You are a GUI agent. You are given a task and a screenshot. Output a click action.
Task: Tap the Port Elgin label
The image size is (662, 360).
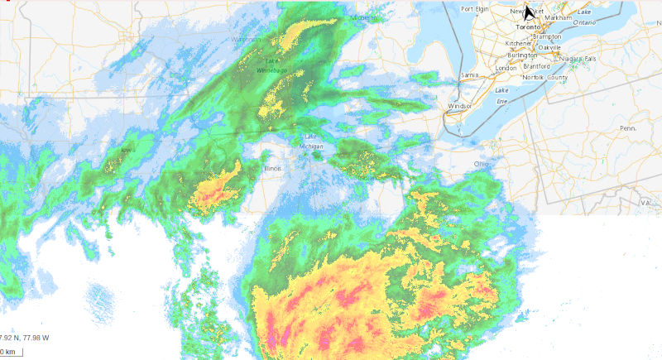[x=477, y=9]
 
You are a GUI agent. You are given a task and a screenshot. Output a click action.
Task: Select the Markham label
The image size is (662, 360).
[x=559, y=17]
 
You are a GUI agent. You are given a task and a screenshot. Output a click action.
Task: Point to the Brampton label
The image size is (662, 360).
[x=547, y=37]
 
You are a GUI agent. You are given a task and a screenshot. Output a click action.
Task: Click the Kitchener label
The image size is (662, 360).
[x=520, y=43]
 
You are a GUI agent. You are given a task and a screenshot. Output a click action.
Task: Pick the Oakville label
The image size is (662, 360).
[x=551, y=47]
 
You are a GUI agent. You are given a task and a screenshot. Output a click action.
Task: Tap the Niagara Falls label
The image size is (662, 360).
[x=578, y=59]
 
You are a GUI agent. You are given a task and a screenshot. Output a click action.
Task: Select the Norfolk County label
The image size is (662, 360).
[x=544, y=77]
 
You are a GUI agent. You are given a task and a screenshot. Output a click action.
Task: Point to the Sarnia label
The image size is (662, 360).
[x=470, y=75]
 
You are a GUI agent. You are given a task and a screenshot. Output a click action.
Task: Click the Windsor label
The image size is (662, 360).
[x=458, y=106]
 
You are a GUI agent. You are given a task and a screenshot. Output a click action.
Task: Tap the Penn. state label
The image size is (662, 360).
[x=627, y=128]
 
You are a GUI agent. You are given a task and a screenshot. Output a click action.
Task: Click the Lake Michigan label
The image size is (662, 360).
[x=310, y=141]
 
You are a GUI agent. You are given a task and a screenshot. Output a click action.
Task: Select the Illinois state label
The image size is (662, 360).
[x=272, y=169]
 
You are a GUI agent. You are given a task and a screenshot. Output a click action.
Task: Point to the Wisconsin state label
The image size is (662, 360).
[x=246, y=40]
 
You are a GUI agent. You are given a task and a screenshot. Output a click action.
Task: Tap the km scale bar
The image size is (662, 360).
[x=11, y=352]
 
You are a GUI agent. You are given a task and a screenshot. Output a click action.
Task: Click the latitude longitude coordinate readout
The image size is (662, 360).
[x=25, y=338]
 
